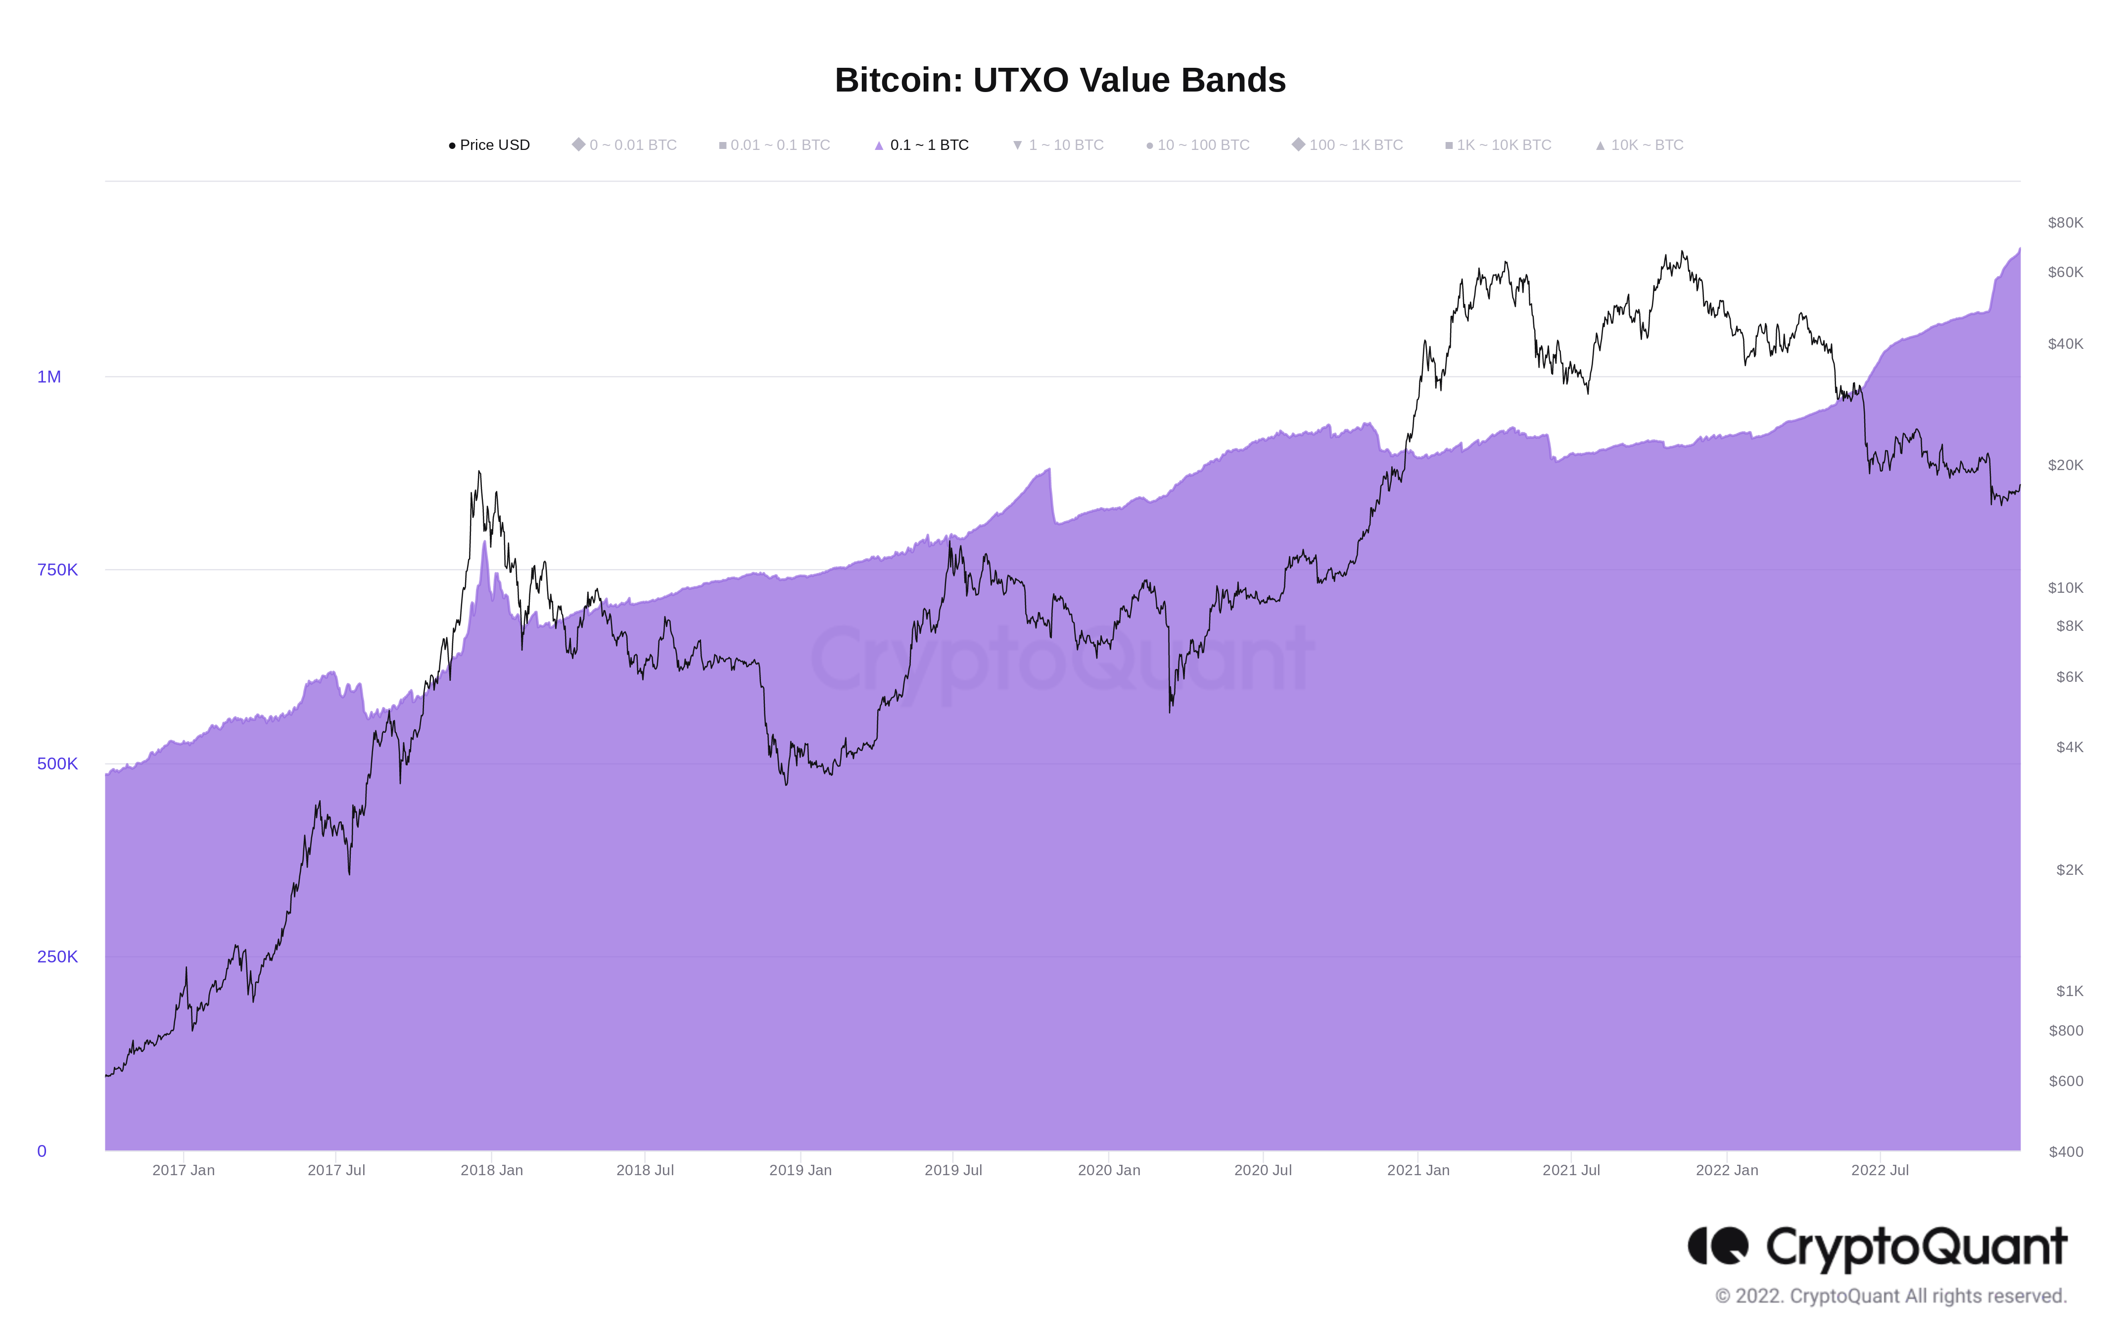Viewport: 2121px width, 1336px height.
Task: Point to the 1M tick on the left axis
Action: tap(49, 377)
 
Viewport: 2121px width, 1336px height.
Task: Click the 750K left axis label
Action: tap(57, 570)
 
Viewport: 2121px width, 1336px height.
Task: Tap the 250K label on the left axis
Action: tap(57, 956)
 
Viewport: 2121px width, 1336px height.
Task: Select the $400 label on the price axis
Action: tap(2066, 1151)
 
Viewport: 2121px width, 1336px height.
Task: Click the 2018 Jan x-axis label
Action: tap(491, 1170)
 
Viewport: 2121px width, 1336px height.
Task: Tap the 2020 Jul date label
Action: tap(1262, 1170)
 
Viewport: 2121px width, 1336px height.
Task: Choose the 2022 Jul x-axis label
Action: tap(1880, 1170)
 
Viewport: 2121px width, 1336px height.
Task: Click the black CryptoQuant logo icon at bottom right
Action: tap(1718, 1245)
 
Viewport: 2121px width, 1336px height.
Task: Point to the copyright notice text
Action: tap(1890, 1295)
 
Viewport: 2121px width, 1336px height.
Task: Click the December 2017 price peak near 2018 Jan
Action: tap(479, 472)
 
